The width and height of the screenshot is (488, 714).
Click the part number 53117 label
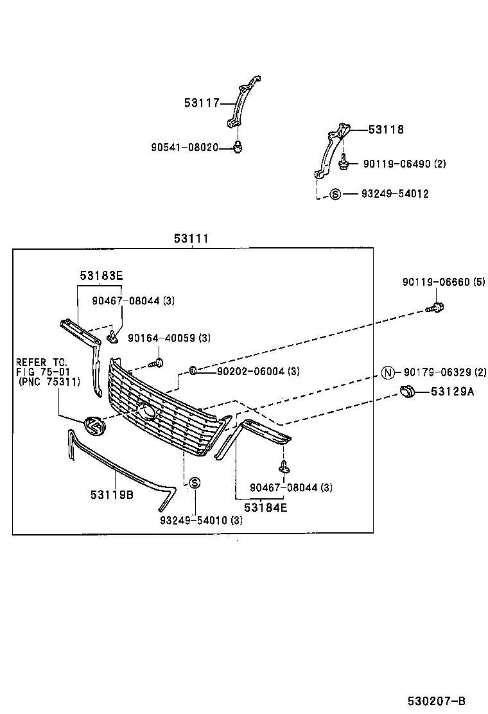[202, 103]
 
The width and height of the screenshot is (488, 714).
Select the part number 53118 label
[386, 130]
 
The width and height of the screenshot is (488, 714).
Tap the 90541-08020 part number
[184, 148]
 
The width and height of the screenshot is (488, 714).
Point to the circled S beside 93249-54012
[335, 194]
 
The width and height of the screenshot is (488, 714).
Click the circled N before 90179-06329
[387, 372]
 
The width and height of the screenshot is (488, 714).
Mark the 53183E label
[101, 276]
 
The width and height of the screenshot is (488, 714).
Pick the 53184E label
[265, 507]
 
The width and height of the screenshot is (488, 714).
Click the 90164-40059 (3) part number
[169, 338]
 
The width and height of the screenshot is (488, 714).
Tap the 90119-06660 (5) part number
[444, 282]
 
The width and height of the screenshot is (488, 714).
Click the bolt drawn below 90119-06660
[435, 308]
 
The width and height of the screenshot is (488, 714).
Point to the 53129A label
[452, 392]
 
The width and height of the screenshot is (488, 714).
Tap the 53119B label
[112, 494]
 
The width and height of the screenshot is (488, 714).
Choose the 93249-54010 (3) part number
[201, 520]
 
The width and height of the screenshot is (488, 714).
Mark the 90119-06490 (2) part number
[404, 164]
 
